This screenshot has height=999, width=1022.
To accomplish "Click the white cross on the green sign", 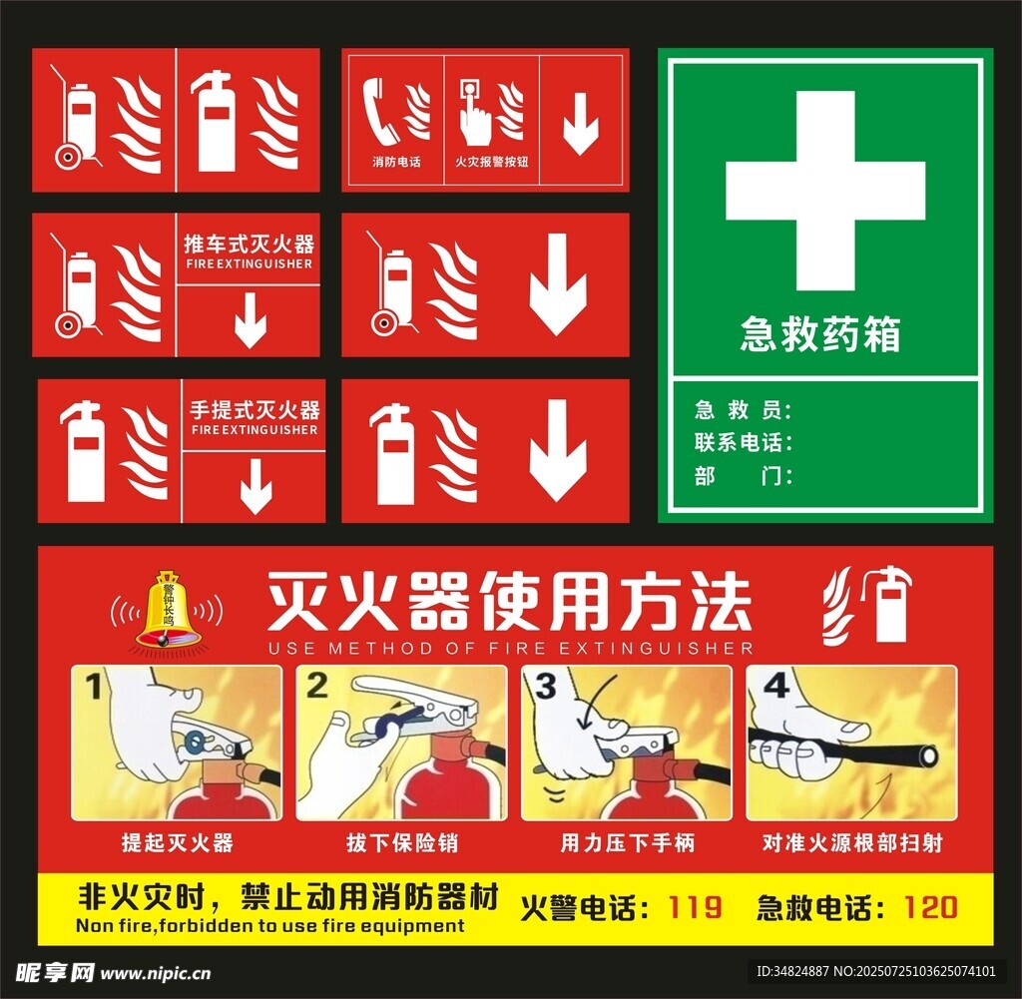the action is [x=825, y=191].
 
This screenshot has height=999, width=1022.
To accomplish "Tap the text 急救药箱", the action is [x=820, y=334].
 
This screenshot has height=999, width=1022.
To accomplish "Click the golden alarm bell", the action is [x=168, y=611].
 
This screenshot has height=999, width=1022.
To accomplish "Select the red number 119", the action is [x=695, y=907].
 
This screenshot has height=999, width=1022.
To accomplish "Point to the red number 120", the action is [x=931, y=907].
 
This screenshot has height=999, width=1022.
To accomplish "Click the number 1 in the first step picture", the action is [x=94, y=687].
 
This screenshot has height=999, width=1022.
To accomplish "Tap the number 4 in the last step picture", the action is [x=775, y=686].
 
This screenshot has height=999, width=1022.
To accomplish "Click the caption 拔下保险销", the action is [x=402, y=842].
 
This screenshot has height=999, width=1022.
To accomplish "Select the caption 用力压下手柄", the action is [x=628, y=842].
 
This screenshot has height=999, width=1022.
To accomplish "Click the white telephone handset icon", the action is [x=381, y=111].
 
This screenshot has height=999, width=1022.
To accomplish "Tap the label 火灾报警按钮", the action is [x=491, y=162].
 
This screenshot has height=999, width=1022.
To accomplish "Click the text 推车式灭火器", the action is [x=249, y=245].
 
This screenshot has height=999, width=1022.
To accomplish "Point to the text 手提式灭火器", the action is [x=255, y=410].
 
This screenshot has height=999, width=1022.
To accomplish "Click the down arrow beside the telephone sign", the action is [x=580, y=124].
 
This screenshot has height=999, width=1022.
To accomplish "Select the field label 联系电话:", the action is [x=743, y=443].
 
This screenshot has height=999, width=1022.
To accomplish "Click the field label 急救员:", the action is [x=743, y=410].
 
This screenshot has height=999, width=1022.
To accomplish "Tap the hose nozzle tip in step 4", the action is [x=928, y=757].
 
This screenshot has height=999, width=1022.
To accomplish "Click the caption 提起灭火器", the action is [x=178, y=842].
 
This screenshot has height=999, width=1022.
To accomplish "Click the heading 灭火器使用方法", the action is [x=509, y=601].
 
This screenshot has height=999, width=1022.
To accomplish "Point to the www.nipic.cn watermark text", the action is [x=156, y=974].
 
